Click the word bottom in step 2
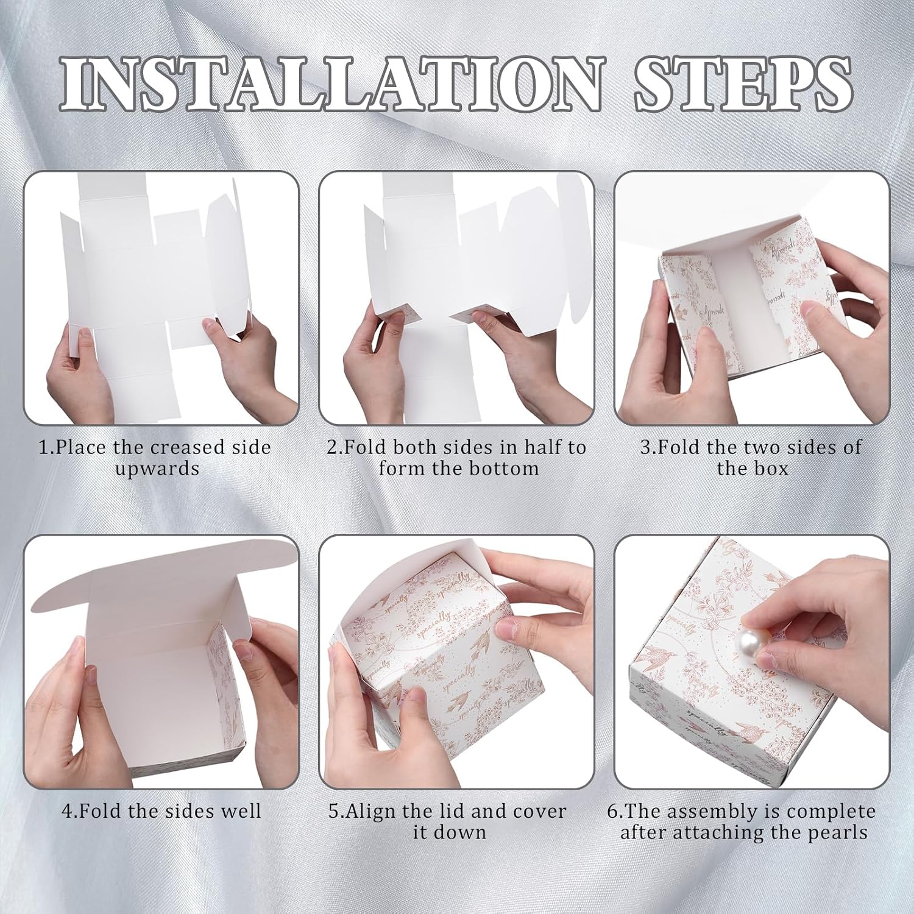click(x=505, y=468)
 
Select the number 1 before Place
click(x=43, y=447)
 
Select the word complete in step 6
click(x=832, y=812)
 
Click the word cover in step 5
click(x=539, y=811)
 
